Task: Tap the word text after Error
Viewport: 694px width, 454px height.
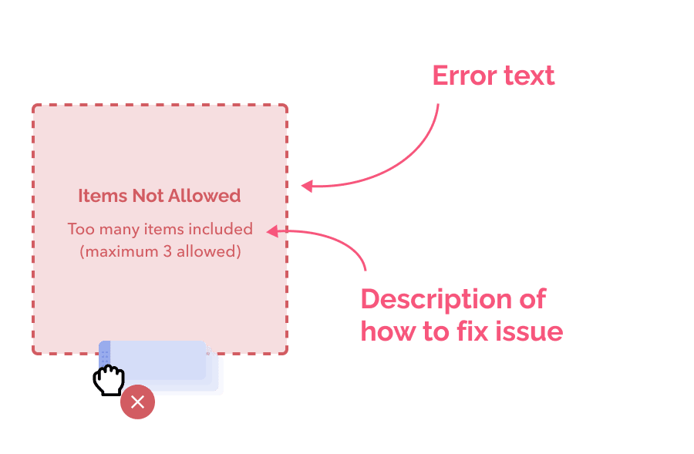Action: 528,76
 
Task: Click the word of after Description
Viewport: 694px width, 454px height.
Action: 533,299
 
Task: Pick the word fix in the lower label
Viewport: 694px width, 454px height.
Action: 476,331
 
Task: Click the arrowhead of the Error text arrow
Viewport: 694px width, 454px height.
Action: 305,186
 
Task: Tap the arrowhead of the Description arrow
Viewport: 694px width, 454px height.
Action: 271,230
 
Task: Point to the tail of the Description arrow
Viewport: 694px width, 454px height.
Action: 365,270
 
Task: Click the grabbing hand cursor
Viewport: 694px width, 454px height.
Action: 109,380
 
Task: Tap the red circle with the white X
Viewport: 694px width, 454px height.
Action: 137,402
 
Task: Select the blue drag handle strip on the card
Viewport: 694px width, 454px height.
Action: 104,354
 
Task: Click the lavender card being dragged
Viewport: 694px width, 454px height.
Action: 170,368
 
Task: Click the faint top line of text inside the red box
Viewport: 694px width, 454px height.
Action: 158,195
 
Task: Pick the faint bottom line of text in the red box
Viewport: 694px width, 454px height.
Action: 158,252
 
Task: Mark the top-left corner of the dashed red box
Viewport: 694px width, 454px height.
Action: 33,106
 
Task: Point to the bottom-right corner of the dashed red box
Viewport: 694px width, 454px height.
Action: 286,353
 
